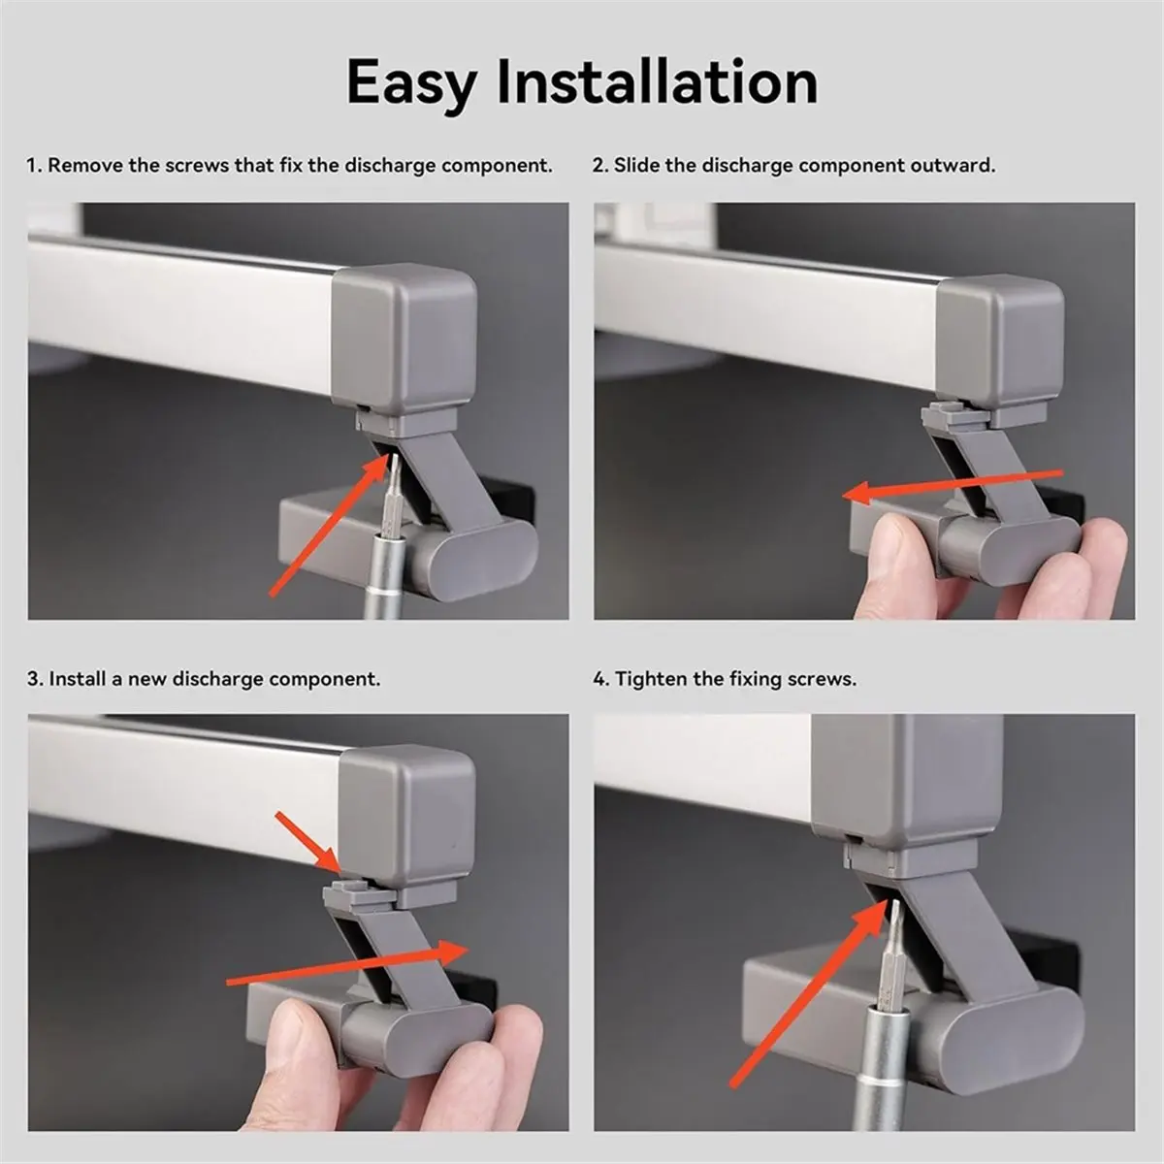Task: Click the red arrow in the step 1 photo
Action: click(x=329, y=525)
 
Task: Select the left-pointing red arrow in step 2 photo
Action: click(x=953, y=487)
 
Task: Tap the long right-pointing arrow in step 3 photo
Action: click(x=347, y=962)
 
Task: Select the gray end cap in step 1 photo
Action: click(x=404, y=340)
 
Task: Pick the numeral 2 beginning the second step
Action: click(x=598, y=166)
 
